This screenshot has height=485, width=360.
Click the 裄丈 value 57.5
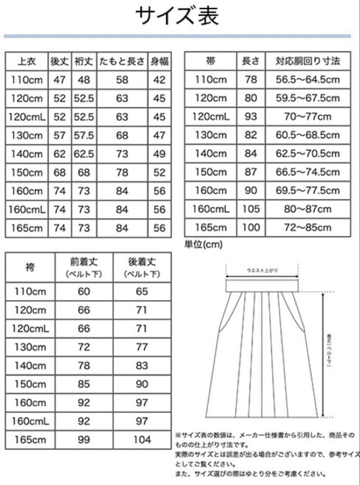[84, 135]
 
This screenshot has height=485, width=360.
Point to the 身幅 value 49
[160, 154]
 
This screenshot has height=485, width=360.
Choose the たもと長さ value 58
[122, 80]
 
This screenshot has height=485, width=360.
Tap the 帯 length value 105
[251, 209]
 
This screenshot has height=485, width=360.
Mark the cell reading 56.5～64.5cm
[308, 80]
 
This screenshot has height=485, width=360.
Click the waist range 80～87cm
[308, 209]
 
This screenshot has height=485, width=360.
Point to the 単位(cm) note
[203, 244]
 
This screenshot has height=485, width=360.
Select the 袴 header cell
[30, 267]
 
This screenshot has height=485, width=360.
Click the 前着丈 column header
[84, 267]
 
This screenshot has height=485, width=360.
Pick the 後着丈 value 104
[142, 440]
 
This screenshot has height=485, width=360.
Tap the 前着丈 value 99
[84, 440]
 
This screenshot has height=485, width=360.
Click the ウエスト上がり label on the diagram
[262, 270]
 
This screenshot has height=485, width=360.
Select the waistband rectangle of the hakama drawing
[262, 286]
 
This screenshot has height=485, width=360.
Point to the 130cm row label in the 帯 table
[210, 135]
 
